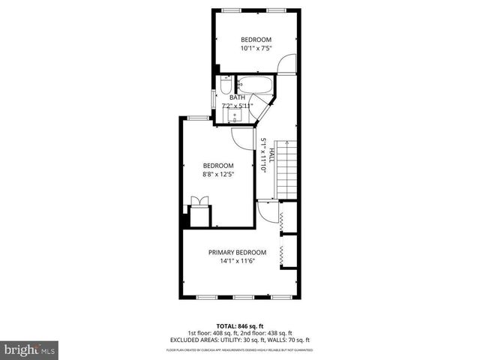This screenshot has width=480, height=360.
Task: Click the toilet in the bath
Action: point(226,85)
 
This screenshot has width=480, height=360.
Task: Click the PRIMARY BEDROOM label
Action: point(237,252)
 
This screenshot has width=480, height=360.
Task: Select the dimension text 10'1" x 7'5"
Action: point(256,49)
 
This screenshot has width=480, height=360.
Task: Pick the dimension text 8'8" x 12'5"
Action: point(218,175)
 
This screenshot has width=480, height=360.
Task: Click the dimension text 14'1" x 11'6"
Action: point(237,261)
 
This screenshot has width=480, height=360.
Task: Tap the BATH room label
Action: point(237,97)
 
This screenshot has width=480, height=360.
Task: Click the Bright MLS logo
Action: point(30,349)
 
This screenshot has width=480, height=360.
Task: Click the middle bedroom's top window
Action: point(198,116)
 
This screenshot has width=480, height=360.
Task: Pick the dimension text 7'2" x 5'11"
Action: point(238,106)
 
